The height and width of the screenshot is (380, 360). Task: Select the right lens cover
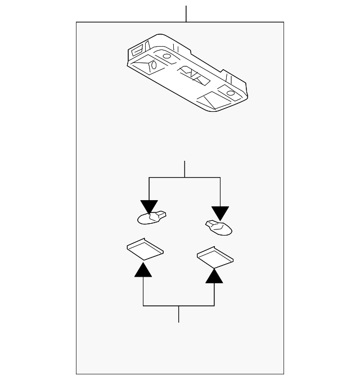coord(215,256)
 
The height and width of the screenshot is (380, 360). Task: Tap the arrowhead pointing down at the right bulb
coord(220,213)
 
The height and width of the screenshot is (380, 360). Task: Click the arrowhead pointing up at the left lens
coord(143,270)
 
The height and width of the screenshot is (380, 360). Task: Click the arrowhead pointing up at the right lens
coord(214,275)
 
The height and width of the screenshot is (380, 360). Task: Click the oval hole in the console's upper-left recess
coord(167,56)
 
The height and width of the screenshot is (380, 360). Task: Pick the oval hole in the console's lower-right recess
coord(231,92)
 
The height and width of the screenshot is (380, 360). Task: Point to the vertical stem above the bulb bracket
coord(184,169)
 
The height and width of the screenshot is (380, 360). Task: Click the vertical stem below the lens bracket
coord(179,314)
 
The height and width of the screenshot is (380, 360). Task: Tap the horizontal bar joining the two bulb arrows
coord(184,178)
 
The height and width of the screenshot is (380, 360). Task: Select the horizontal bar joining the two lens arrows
coord(179,305)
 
